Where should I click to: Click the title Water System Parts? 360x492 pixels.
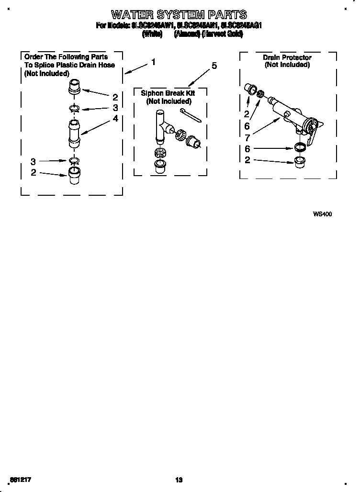pos(179,14)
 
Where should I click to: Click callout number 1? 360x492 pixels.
pos(153,62)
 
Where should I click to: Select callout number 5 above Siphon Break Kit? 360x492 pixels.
pos(214,66)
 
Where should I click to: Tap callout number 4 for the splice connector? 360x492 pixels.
pos(115,119)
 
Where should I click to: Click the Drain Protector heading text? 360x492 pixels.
pos(287,57)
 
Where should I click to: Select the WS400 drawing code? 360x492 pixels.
pos(322,214)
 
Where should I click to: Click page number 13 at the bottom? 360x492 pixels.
pos(179,480)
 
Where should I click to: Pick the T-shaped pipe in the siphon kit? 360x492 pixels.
pos(161,125)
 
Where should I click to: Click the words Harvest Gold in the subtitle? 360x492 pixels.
pos(223,34)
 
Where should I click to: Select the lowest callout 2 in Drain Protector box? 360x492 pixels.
pos(247,160)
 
